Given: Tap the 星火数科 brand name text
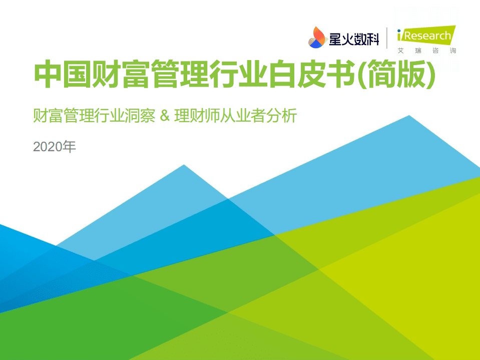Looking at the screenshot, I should pos(354,38).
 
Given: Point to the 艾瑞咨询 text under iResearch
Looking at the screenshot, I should pos(426,51).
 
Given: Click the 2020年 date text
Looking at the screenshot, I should pos(55,147).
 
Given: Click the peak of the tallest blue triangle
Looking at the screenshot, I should pos(409,117).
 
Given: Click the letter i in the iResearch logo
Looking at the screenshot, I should pos(400,35).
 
